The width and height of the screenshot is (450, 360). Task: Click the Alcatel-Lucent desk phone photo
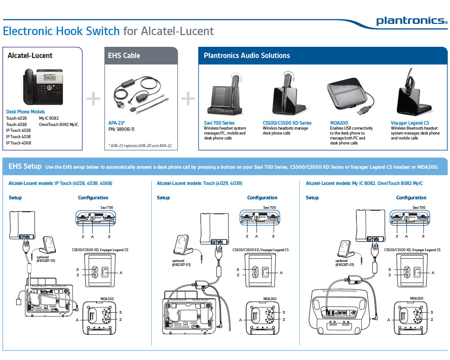pos(44,86)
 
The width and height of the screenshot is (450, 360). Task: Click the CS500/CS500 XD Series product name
pos(287,123)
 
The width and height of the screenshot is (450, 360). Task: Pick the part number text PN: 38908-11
pos(121,129)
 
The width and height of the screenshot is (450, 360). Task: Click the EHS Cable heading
pos(124,56)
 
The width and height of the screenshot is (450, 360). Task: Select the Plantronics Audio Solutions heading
pos(247,56)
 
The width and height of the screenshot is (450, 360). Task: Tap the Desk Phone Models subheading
pos(25,112)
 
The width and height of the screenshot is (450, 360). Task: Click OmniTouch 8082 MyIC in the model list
pos(58,124)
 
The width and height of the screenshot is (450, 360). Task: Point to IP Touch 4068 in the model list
pos(18,143)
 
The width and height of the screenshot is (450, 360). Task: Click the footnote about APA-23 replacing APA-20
pos(140,146)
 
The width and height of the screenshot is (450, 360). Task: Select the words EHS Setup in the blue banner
pos(25,166)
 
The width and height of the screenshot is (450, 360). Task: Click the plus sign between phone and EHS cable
pos(94,99)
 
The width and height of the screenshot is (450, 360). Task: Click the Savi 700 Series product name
pos(219,123)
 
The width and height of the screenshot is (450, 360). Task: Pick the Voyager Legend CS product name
pos(410,123)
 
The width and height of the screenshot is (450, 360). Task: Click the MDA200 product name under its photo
pos(339,123)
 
